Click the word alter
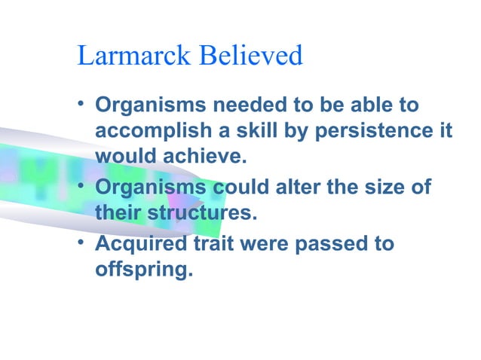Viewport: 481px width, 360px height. pos(302,185)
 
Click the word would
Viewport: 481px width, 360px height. pos(123,157)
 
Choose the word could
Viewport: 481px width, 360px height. pos(247,185)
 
